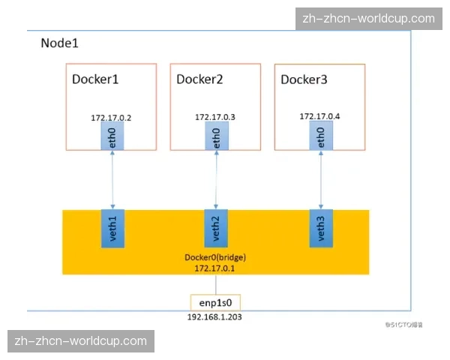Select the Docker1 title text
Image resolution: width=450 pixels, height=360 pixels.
(95, 79)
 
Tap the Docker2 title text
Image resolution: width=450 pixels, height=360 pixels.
(200, 79)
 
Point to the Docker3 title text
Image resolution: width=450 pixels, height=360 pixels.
(304, 79)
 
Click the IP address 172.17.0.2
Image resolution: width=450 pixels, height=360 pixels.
(111, 118)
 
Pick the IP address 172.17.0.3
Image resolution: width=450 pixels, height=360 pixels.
(215, 118)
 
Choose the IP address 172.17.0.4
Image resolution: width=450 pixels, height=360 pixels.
(319, 117)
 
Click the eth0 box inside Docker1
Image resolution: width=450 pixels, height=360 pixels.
(112, 136)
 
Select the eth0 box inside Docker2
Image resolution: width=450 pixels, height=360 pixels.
(216, 136)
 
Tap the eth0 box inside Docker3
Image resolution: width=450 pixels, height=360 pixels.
(321, 136)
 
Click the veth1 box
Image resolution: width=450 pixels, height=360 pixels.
(112, 229)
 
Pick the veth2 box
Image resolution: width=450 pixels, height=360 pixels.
(216, 229)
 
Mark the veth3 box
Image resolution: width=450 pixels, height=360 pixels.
(321, 229)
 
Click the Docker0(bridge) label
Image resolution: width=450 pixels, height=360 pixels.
(215, 257)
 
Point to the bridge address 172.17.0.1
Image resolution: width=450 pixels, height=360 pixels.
(215, 268)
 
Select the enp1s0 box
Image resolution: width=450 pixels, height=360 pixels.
(215, 302)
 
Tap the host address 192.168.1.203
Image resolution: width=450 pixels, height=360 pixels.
(215, 316)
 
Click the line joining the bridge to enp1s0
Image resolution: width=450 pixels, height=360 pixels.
(216, 284)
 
